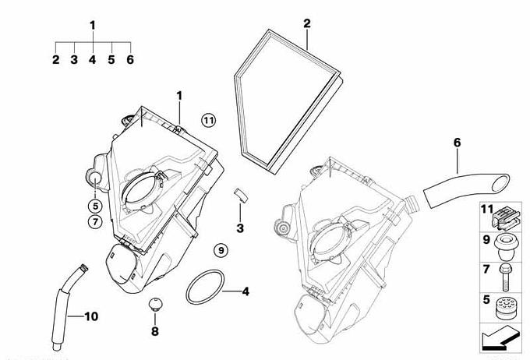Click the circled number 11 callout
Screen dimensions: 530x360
[x=208, y=120]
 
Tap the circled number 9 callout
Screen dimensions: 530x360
[x=221, y=250]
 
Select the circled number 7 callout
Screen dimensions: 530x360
[x=95, y=222]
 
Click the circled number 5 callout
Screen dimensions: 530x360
[x=95, y=205]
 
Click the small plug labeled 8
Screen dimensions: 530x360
[x=155, y=304]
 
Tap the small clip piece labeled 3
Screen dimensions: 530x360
[x=241, y=196]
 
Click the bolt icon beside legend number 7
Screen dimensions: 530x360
[x=504, y=277]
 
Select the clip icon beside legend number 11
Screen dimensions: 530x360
[x=505, y=218]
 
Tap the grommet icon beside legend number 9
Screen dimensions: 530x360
[x=505, y=248]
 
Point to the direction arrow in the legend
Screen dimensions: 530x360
[x=500, y=337]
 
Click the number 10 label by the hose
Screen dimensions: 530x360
[x=91, y=316]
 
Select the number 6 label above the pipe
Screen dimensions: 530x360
[x=457, y=143]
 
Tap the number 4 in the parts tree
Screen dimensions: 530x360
[x=92, y=60]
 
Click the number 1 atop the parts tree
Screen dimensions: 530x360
[x=93, y=25]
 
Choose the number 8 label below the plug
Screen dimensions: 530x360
[x=155, y=332]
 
